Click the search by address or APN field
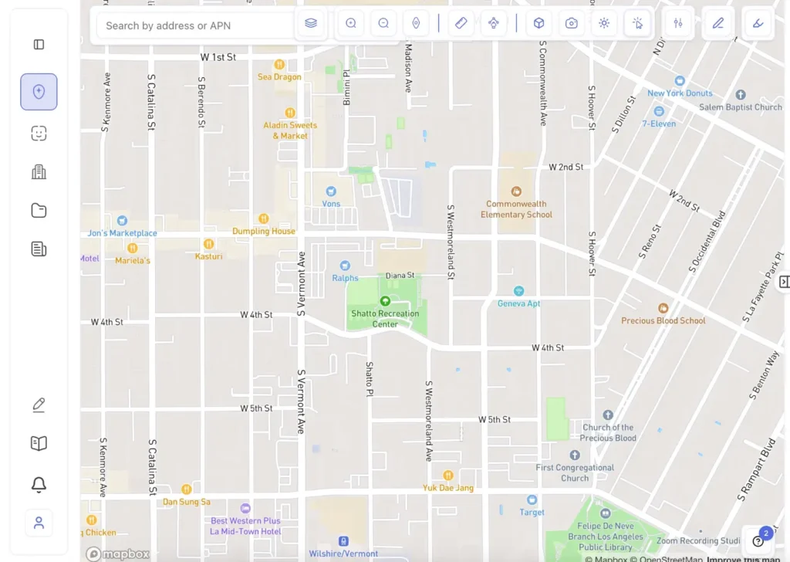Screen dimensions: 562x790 193,25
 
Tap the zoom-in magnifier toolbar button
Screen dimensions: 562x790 351,23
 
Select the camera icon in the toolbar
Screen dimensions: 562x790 572,23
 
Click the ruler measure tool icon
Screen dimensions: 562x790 461,23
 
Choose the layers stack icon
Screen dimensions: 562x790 311,23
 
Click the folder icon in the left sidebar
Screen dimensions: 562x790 39,210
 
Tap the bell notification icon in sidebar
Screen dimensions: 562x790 39,484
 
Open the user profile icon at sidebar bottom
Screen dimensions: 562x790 39,523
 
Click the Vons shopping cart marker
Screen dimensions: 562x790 331,191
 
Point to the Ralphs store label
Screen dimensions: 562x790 345,278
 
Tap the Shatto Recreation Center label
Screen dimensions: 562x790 385,319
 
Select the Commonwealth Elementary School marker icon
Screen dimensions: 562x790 516,191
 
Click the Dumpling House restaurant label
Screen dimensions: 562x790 264,231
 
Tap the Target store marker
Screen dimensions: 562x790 532,500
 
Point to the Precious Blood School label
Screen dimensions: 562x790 663,320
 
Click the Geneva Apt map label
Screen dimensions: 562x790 518,303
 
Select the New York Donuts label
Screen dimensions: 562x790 680,93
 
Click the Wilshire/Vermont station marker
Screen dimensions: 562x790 343,541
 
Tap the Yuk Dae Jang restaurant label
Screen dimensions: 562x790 447,487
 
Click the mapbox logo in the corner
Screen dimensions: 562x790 117,554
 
